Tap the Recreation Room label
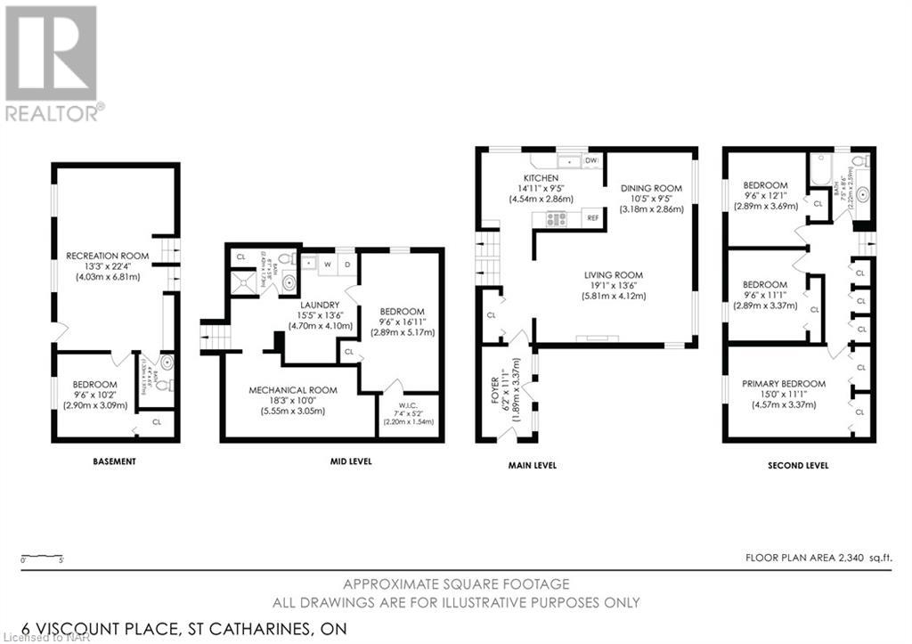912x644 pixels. tap(107, 256)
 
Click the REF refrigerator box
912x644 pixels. tap(591, 218)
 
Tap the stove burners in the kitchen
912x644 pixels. tap(558, 218)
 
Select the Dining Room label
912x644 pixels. tap(651, 188)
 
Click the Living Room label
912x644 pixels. tap(613, 274)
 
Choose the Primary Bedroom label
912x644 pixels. tap(784, 384)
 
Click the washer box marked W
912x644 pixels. tap(327, 264)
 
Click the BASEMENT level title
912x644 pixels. tap(114, 461)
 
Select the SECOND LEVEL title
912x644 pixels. tap(798, 465)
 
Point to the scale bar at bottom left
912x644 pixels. tap(41, 557)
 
